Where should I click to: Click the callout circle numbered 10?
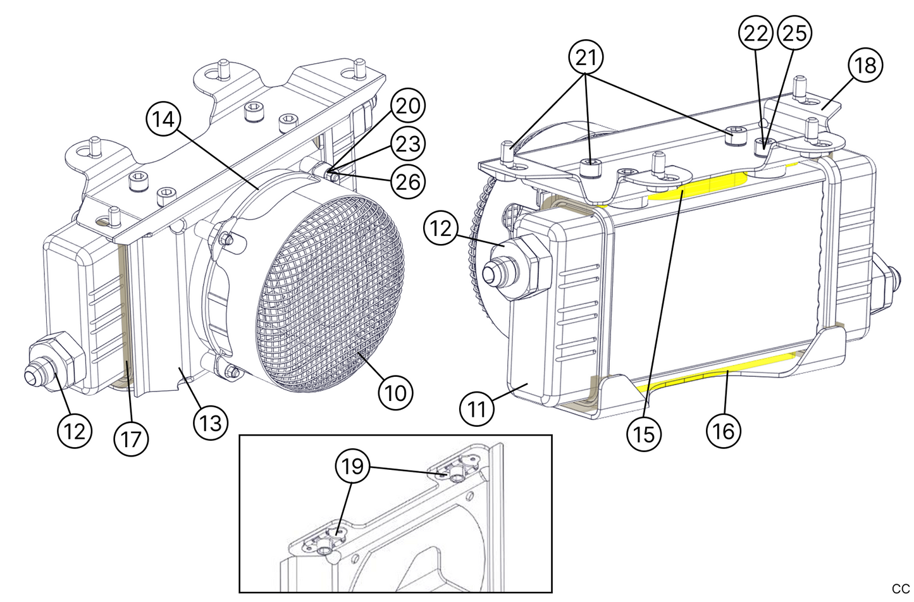[395, 393]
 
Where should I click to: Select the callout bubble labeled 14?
[163, 118]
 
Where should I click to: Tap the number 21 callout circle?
[586, 58]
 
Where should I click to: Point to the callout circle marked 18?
[865, 65]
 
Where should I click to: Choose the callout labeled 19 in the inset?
[352, 467]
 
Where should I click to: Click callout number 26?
[408, 182]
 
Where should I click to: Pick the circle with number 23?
[408, 144]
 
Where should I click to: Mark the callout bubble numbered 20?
[408, 106]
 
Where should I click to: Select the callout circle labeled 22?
[756, 33]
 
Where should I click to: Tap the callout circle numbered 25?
[794, 33]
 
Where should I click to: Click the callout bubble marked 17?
[131, 438]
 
